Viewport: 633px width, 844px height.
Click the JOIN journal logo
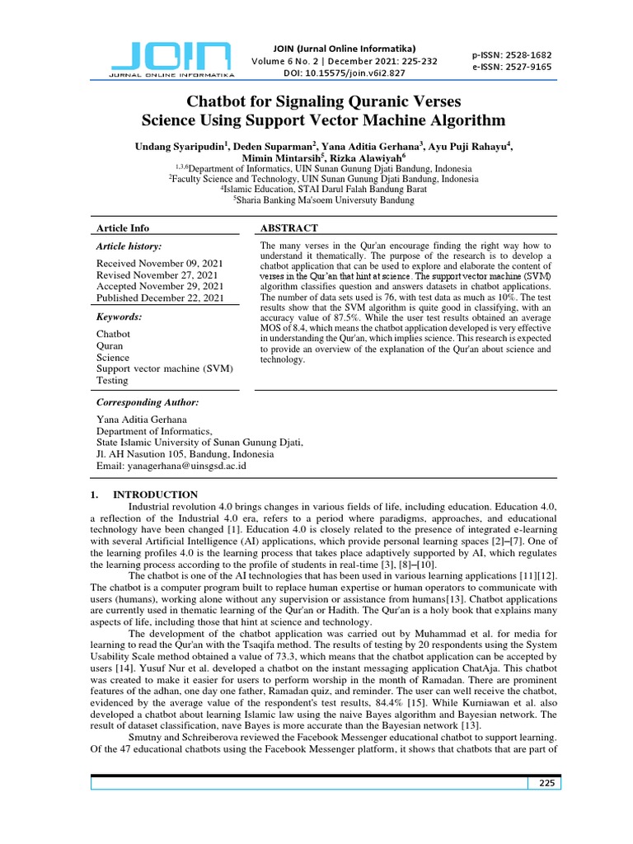171,59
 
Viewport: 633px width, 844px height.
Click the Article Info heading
123,228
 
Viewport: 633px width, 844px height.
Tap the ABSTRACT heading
288,228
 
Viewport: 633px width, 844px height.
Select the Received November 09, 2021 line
157,263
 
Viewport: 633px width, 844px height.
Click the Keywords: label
120,316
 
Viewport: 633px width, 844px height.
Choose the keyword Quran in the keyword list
110,346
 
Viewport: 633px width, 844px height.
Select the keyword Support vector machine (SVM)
165,368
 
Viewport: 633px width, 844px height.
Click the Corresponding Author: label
148,402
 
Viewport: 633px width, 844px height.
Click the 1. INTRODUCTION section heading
143,495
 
